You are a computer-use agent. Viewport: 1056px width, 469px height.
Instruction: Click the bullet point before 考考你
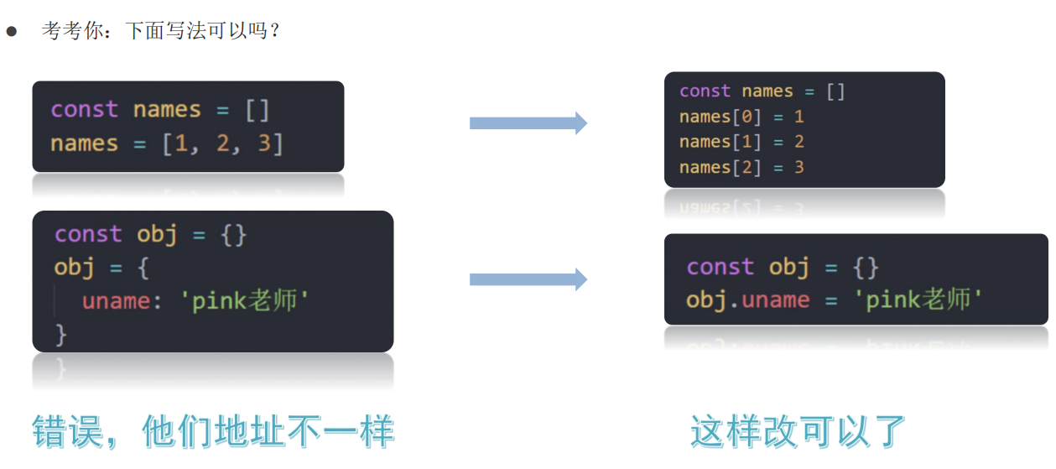pos(12,33)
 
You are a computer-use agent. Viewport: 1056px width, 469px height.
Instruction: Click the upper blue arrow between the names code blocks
pos(528,123)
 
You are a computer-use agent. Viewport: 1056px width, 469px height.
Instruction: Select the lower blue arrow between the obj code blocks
pos(528,279)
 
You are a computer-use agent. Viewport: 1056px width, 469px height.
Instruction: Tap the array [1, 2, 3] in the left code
pos(223,143)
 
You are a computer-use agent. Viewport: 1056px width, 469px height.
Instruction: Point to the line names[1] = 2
pos(741,142)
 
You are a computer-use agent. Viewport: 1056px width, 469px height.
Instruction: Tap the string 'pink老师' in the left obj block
pos(245,301)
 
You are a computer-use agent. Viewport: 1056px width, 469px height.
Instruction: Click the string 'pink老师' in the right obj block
pos(918,300)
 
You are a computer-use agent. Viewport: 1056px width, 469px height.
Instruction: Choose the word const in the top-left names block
pos(84,110)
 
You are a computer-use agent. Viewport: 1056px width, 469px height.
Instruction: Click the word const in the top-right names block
pos(705,91)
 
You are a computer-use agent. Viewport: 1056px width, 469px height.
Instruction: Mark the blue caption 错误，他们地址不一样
pos(213,431)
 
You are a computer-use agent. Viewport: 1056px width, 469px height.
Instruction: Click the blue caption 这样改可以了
pos(799,431)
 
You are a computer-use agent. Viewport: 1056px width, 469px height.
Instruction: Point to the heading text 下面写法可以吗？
pos(202,32)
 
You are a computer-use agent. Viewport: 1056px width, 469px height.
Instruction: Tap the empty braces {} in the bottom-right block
pos(867,268)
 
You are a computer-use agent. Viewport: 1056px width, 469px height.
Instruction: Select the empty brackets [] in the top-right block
pos(835,91)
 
